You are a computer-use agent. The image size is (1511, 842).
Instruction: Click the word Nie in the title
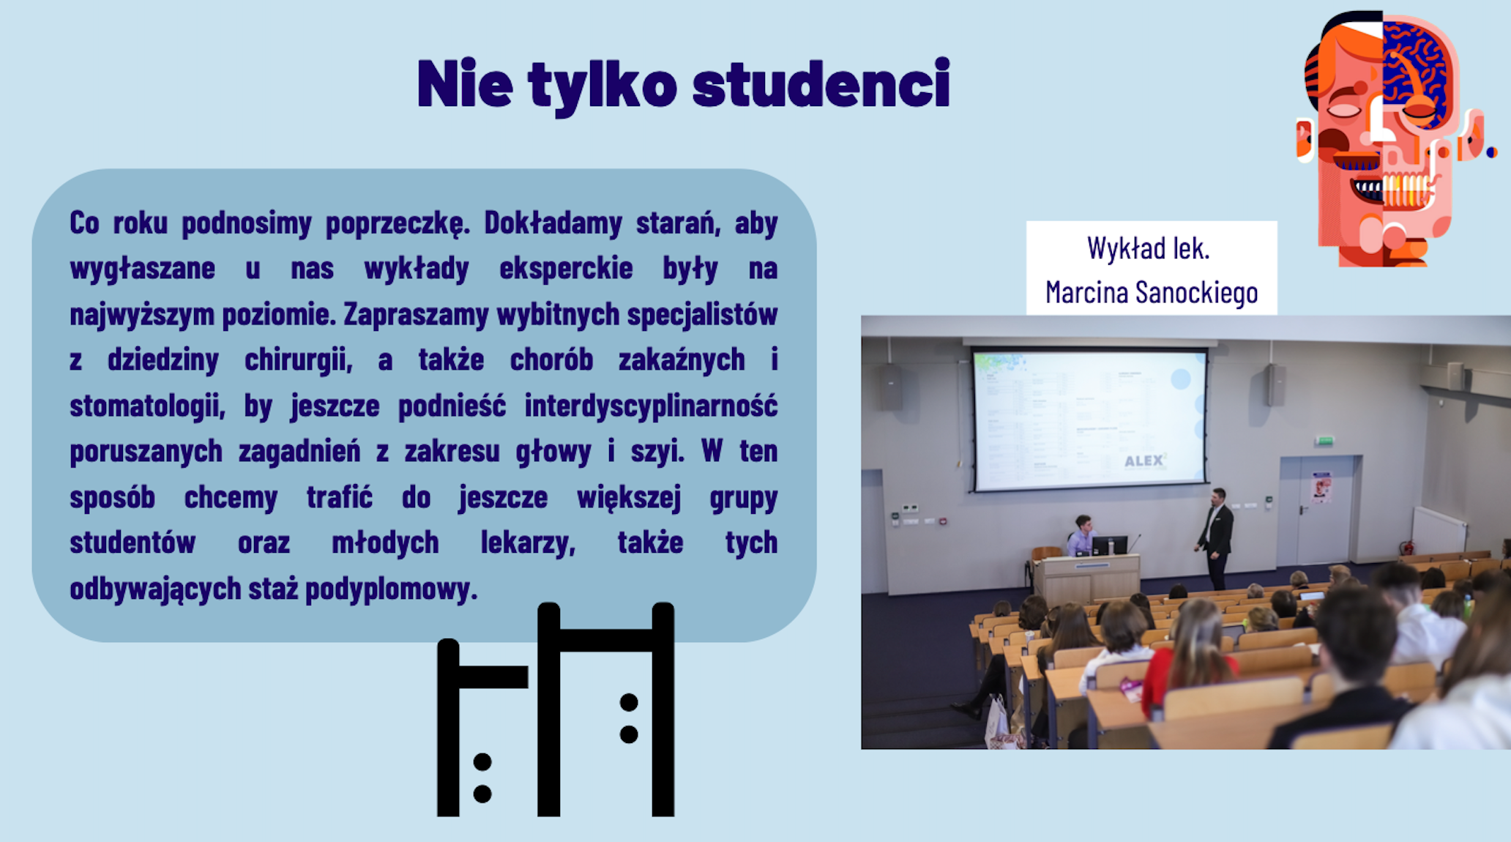tap(465, 83)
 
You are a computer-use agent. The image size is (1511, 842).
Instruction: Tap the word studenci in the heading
tap(821, 83)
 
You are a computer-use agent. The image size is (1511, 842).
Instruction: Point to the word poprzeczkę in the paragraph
tap(397, 223)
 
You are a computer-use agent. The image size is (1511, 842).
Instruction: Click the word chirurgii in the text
tap(298, 360)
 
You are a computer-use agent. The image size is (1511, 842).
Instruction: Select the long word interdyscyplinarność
tap(651, 406)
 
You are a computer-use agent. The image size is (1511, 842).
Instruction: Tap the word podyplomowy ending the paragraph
tap(391, 589)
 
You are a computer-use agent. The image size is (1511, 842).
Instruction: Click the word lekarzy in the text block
tap(528, 543)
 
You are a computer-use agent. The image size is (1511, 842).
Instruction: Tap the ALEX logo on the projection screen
tap(1145, 461)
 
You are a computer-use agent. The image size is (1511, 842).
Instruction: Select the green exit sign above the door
tap(1324, 441)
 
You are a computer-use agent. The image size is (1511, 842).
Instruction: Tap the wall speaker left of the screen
tap(891, 387)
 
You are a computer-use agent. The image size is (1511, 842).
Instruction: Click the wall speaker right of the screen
tap(1277, 385)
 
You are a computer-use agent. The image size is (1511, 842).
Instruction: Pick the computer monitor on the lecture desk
tap(1109, 545)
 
